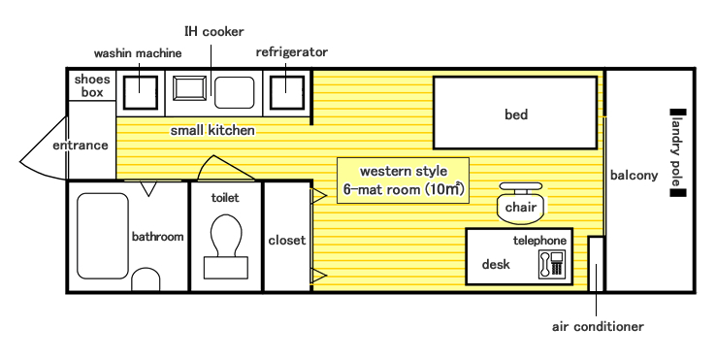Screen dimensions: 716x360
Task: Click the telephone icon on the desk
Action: pos(552,264)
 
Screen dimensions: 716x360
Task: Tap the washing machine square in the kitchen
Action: pos(141,93)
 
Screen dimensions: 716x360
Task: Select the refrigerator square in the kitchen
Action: pos(287,93)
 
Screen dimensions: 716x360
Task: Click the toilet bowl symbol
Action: pos(226,246)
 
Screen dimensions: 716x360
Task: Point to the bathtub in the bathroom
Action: pos(103,236)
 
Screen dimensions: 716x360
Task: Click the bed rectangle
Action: pos(515,113)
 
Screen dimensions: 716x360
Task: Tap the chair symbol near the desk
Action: pos(521,204)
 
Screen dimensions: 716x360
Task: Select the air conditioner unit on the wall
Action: pos(596,264)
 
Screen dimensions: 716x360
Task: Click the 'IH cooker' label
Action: pos(213,31)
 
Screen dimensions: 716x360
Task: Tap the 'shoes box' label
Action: pos(92,85)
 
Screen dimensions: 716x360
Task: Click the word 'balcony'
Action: pos(634,176)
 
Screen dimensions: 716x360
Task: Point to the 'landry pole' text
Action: pos(677,153)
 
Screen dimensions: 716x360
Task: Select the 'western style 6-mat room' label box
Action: pos(404,180)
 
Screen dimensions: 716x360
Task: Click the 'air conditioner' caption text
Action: pos(598,327)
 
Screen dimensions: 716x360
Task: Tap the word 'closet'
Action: pos(287,241)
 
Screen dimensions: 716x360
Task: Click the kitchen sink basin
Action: pos(234,93)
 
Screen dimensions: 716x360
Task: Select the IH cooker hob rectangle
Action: pos(189,87)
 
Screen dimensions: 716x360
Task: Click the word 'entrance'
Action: pos(81,146)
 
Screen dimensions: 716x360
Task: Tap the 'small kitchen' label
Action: pos(212,131)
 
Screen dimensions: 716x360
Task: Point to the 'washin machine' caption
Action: pos(138,53)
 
